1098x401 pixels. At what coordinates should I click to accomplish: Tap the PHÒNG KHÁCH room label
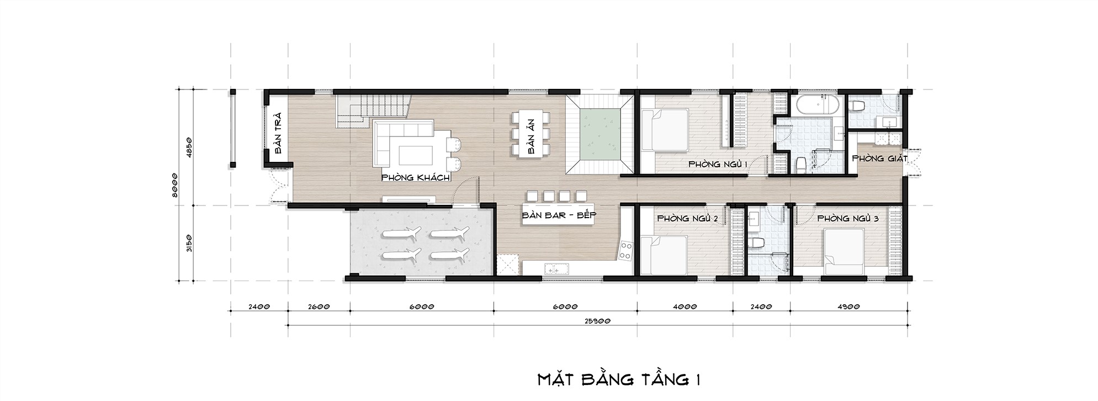pos(415,178)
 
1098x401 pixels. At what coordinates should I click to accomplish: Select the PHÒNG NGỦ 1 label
pos(718,165)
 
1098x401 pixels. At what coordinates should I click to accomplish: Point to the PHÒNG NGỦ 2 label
pos(687,219)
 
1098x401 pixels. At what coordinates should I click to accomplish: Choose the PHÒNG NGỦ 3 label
pos(848,219)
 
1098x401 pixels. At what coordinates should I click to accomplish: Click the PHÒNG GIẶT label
pos(880,159)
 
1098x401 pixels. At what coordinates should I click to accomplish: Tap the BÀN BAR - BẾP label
pos(560,215)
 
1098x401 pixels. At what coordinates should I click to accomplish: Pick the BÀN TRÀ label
pos(278,134)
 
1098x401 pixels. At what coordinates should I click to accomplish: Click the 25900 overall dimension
pos(597,321)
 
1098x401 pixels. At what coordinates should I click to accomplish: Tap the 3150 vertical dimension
pos(188,243)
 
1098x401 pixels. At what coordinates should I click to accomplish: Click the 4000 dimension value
pos(685,307)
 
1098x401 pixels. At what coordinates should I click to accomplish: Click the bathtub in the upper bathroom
pos(819,105)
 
